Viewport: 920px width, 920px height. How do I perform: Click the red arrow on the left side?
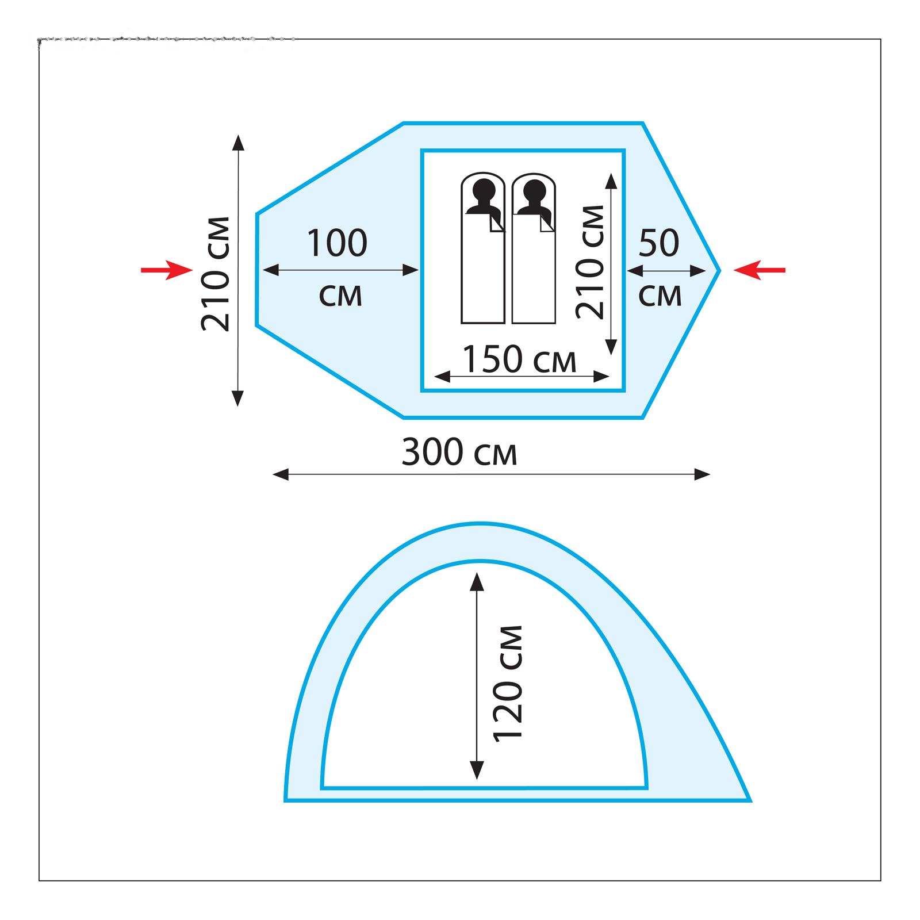[167, 270]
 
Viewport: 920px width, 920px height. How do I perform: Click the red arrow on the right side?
[759, 270]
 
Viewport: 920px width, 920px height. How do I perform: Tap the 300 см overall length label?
[459, 453]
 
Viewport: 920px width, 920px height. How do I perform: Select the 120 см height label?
[508, 682]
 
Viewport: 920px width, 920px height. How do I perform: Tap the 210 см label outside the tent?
[216, 274]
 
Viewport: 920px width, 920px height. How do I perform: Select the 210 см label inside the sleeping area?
[591, 262]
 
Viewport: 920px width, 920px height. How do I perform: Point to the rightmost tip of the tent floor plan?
[719, 270]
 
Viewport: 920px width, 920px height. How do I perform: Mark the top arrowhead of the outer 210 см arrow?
[237, 142]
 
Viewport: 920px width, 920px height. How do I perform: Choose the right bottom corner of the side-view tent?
[749, 800]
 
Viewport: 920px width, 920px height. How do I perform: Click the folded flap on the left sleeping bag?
[496, 223]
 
